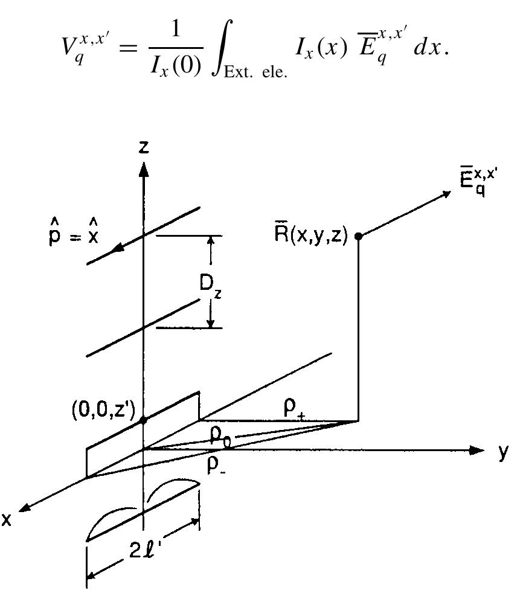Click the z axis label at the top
pos(143,149)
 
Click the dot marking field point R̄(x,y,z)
pos(358,236)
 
